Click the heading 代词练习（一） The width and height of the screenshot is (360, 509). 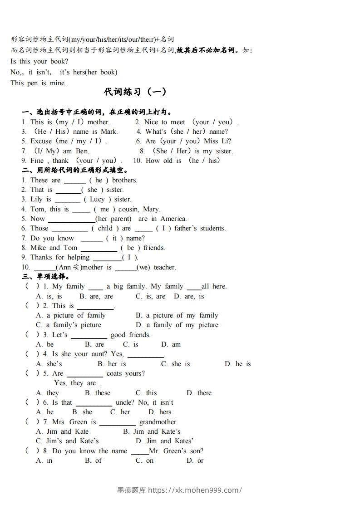tap(135, 92)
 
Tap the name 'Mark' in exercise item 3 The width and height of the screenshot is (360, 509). tap(108, 132)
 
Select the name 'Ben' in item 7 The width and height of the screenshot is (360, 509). tap(82, 151)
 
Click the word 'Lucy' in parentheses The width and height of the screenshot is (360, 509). tap(97, 199)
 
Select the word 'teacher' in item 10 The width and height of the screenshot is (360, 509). tap(164, 267)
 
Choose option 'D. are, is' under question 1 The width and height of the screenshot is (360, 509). tap(189, 296)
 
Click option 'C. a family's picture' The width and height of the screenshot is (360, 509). tap(69, 325)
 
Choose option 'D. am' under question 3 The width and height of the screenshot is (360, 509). tap(171, 344)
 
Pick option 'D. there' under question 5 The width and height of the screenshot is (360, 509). tap(199, 393)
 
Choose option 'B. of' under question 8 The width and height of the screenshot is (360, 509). tap(94, 460)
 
